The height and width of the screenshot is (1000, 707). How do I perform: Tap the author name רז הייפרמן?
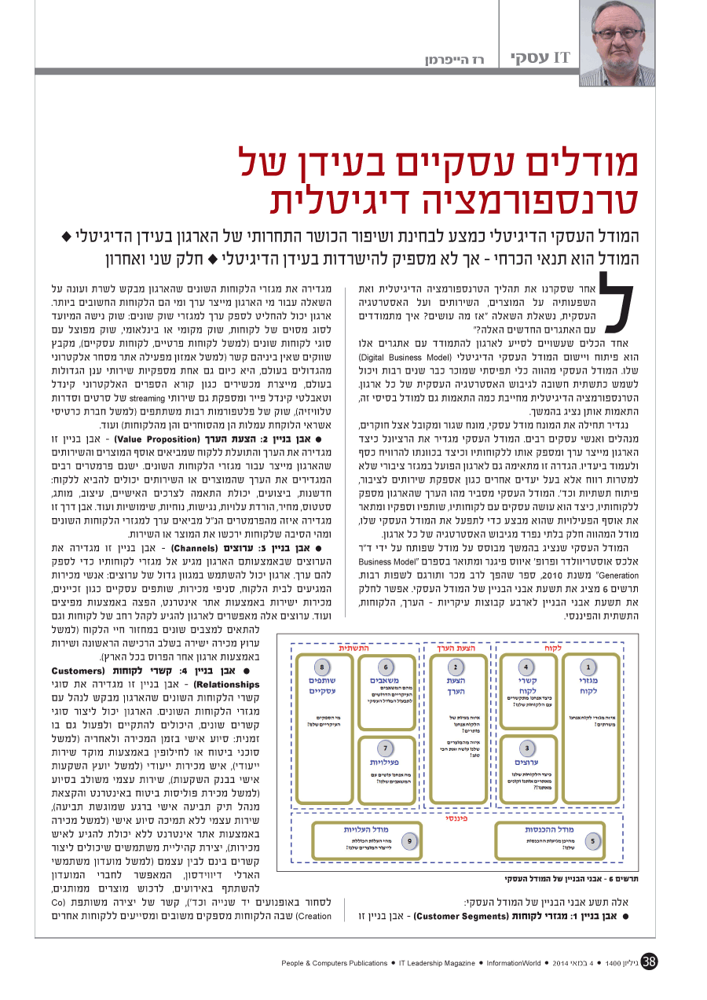[x=458, y=60]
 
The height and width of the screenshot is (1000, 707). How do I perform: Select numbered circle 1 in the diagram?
[x=588, y=667]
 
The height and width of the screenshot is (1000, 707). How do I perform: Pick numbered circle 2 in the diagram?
[x=456, y=667]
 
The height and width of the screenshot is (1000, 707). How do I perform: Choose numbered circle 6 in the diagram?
[x=386, y=667]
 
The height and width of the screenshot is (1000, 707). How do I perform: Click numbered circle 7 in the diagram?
[x=386, y=748]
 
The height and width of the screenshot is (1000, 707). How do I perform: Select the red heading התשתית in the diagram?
[x=354, y=648]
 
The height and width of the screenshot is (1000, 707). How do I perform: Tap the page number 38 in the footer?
[x=649, y=961]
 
